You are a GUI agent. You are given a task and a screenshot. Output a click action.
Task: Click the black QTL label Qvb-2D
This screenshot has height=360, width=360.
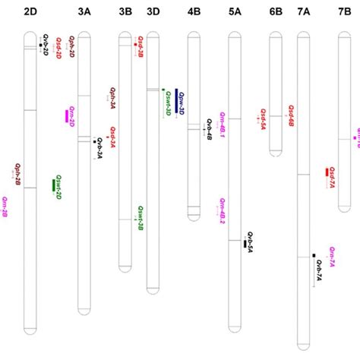[x=46, y=47]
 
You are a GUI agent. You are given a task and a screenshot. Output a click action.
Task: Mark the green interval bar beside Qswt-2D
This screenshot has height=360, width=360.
[x=53, y=185]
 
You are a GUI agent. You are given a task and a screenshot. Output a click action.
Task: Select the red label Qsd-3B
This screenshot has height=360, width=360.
[x=141, y=46]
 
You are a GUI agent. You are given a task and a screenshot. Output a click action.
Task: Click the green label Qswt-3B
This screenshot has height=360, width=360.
[x=141, y=218]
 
